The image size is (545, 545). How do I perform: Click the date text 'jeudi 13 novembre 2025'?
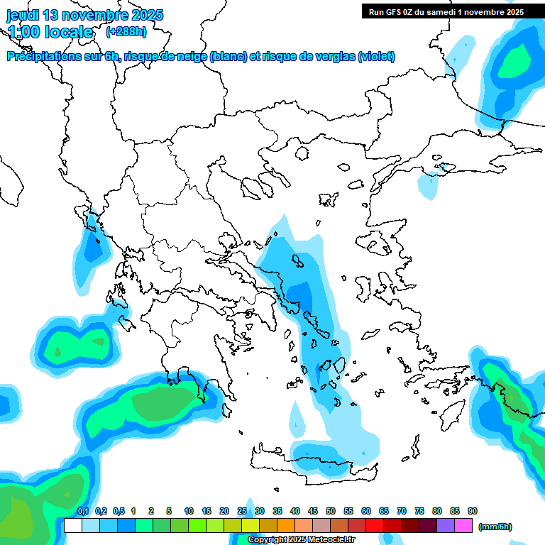(x=84, y=15)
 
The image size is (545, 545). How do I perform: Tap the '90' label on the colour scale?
(x=473, y=512)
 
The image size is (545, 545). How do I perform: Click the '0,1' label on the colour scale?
(x=83, y=512)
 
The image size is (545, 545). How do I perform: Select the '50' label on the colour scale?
(x=331, y=512)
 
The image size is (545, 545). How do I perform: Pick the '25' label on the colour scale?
(x=242, y=512)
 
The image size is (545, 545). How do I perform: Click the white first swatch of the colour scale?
(x=72, y=525)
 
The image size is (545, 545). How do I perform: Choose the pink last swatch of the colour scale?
(x=463, y=525)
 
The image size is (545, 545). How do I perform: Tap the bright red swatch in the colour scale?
(x=375, y=525)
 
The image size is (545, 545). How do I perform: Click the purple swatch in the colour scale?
(x=446, y=525)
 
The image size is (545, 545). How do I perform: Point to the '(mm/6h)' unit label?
(x=495, y=527)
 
